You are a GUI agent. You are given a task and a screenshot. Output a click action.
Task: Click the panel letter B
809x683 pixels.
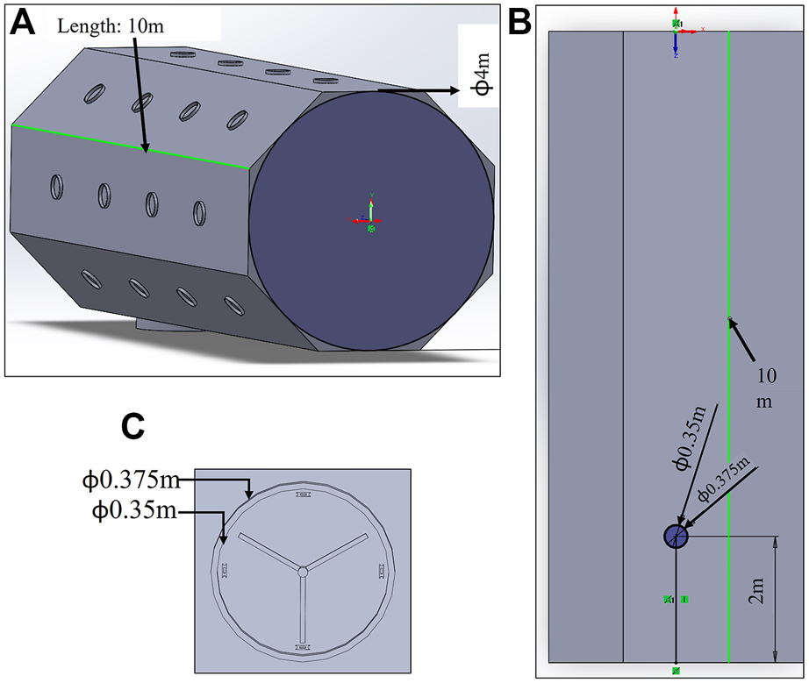(x=519, y=22)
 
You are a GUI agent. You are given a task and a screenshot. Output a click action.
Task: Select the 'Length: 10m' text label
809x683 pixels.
(x=111, y=26)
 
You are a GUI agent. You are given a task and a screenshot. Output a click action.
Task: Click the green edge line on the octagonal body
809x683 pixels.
(x=132, y=146)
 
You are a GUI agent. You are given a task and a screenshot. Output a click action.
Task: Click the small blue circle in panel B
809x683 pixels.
(x=676, y=537)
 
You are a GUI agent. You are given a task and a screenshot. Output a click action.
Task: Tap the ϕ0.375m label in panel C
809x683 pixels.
(x=132, y=480)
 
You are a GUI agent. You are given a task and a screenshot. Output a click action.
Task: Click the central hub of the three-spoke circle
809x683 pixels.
(x=302, y=571)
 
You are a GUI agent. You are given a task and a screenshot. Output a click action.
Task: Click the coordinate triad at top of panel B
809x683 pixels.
(x=677, y=32)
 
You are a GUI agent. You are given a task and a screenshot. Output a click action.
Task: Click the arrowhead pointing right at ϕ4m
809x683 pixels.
(x=453, y=90)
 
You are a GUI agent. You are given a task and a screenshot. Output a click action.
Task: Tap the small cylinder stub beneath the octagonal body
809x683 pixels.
(x=171, y=326)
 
